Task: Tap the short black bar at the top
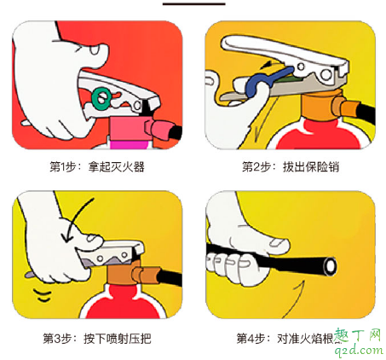click(193, 3)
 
